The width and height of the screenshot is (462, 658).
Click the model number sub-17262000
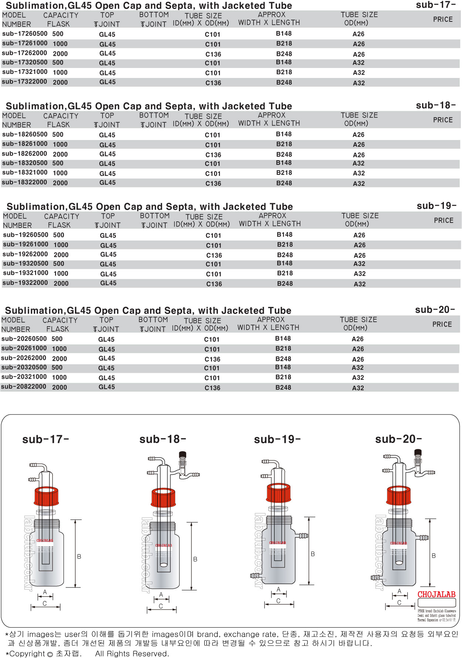tap(24, 53)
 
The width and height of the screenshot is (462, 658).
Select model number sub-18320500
tap(24, 163)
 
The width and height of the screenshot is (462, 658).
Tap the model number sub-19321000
tap(26, 273)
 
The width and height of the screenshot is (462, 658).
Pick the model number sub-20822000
tap(24, 387)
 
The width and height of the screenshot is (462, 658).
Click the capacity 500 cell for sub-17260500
tap(58, 34)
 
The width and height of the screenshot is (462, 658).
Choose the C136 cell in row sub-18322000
tap(213, 184)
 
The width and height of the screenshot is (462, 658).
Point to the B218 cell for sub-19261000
tap(285, 245)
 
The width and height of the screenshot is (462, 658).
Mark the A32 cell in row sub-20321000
tap(358, 378)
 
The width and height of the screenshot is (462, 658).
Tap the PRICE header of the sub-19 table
tap(444, 221)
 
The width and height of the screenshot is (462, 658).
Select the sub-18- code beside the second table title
tap(435, 106)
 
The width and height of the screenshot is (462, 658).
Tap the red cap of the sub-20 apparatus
tap(399, 495)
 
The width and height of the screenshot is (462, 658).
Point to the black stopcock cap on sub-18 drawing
tap(182, 455)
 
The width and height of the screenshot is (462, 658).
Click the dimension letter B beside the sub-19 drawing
tap(313, 554)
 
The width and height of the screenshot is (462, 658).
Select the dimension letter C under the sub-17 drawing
tap(45, 604)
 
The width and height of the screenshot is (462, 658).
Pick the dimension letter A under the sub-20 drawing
tap(399, 591)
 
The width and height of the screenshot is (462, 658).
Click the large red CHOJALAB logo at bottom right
tap(436, 594)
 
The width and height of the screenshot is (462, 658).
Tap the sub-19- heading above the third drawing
tap(277, 439)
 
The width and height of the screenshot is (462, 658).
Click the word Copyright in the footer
tap(27, 654)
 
